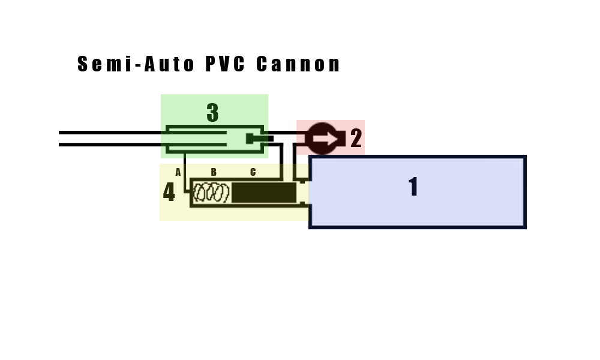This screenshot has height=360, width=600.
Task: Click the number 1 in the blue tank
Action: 413,187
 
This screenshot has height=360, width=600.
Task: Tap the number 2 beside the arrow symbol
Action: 356,138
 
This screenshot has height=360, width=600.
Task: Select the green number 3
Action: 212,113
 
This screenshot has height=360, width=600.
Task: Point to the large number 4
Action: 169,193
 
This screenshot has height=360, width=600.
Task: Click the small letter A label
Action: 178,172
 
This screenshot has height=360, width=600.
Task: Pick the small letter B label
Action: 214,172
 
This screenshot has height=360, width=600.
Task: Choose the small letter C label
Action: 253,172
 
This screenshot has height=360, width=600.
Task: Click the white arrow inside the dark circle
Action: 323,139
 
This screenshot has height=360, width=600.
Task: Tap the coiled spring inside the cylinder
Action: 212,193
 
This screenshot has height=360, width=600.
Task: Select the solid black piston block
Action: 264,193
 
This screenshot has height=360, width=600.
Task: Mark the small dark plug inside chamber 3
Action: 250,139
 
